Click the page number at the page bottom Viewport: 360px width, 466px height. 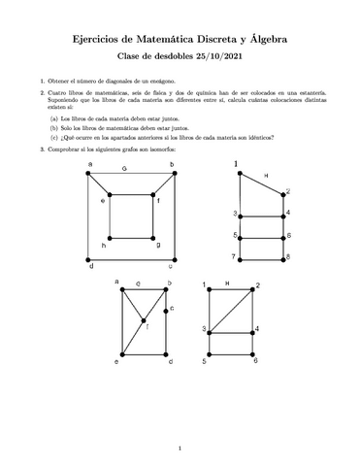[180, 448]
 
